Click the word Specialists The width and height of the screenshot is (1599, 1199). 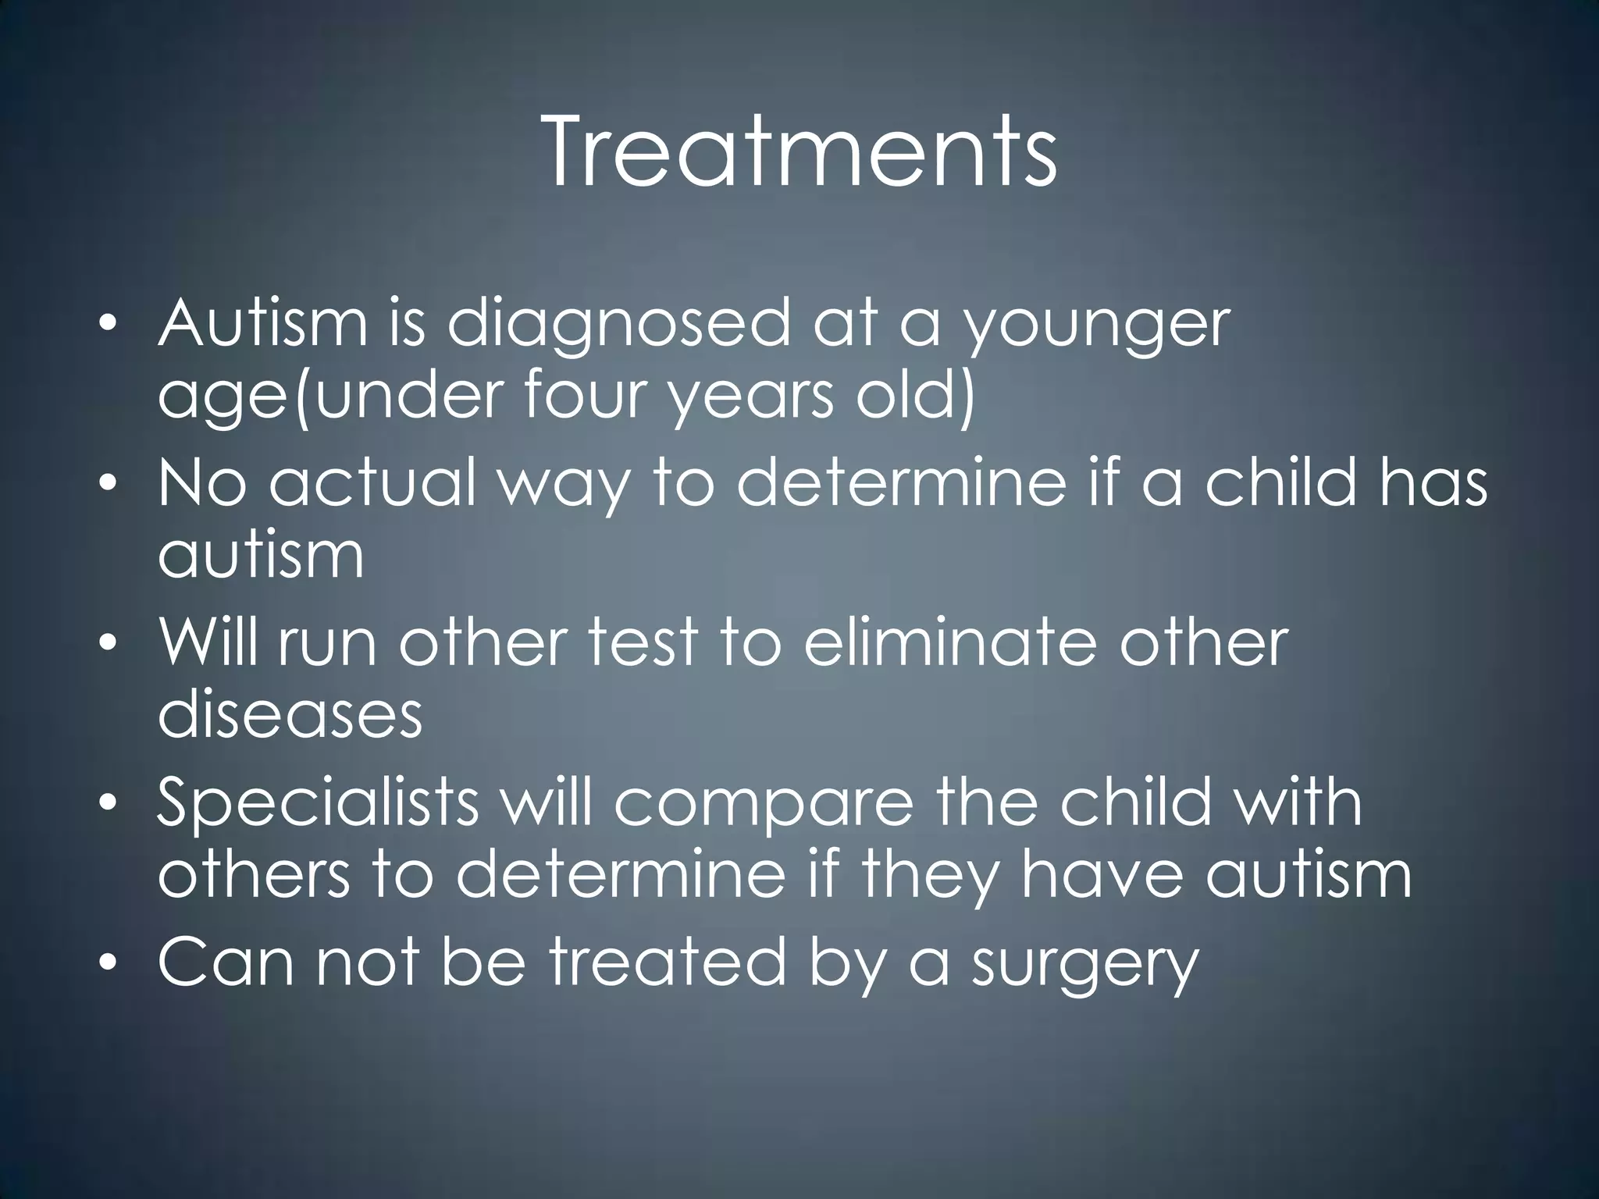(317, 804)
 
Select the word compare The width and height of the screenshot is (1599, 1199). (763, 804)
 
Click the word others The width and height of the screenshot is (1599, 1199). (254, 873)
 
